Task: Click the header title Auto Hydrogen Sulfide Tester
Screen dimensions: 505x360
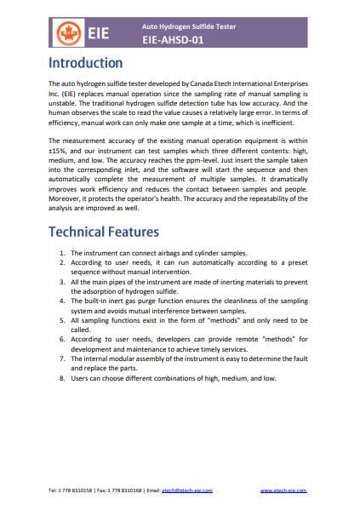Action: (188, 26)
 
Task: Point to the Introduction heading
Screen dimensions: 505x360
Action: (85, 64)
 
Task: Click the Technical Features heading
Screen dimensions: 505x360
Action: (103, 232)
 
